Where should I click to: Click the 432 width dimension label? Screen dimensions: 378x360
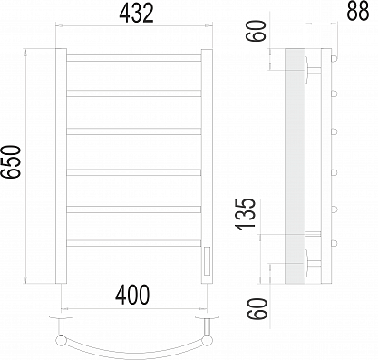pos(137,13)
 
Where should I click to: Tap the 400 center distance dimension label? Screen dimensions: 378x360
pos(132,295)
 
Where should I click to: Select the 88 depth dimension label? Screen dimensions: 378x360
pos(358,11)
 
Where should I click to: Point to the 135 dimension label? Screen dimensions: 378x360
pos(247,214)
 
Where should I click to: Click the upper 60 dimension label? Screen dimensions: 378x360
pos(257,31)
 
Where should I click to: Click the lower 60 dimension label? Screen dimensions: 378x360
pos(257,308)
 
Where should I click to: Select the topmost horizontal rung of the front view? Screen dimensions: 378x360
pos(134,58)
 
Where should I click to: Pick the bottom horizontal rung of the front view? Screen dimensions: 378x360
pos(134,243)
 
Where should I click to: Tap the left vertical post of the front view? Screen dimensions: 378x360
pos(61,166)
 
